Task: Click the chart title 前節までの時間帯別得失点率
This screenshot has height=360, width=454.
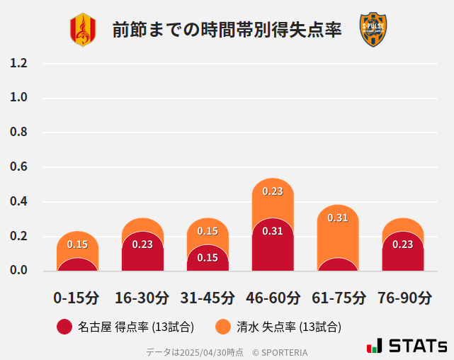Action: click(227, 30)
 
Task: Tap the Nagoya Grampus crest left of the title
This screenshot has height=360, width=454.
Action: click(82, 30)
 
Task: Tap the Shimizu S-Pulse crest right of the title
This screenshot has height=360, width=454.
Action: click(373, 30)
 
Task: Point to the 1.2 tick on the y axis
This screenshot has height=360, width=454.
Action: click(19, 63)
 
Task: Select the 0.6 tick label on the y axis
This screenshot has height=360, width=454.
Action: click(19, 167)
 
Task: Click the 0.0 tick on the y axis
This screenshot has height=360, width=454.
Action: click(19, 270)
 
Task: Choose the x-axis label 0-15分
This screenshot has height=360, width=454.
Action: click(77, 298)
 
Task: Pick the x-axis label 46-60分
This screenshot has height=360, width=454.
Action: click(273, 298)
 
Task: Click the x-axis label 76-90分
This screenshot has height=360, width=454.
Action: click(403, 298)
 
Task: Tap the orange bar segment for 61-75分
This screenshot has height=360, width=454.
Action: click(338, 237)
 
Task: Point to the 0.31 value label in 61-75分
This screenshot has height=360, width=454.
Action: click(338, 218)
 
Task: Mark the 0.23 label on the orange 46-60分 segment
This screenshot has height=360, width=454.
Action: click(273, 191)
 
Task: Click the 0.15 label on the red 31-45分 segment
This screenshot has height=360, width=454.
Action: click(208, 258)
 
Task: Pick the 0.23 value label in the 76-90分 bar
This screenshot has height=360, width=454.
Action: click(403, 244)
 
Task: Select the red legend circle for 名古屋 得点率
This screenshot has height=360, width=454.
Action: click(64, 327)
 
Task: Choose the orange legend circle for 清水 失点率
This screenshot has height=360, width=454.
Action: click(223, 327)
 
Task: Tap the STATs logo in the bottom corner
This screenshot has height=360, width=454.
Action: click(407, 346)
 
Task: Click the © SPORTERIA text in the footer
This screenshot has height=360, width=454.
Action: click(280, 352)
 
